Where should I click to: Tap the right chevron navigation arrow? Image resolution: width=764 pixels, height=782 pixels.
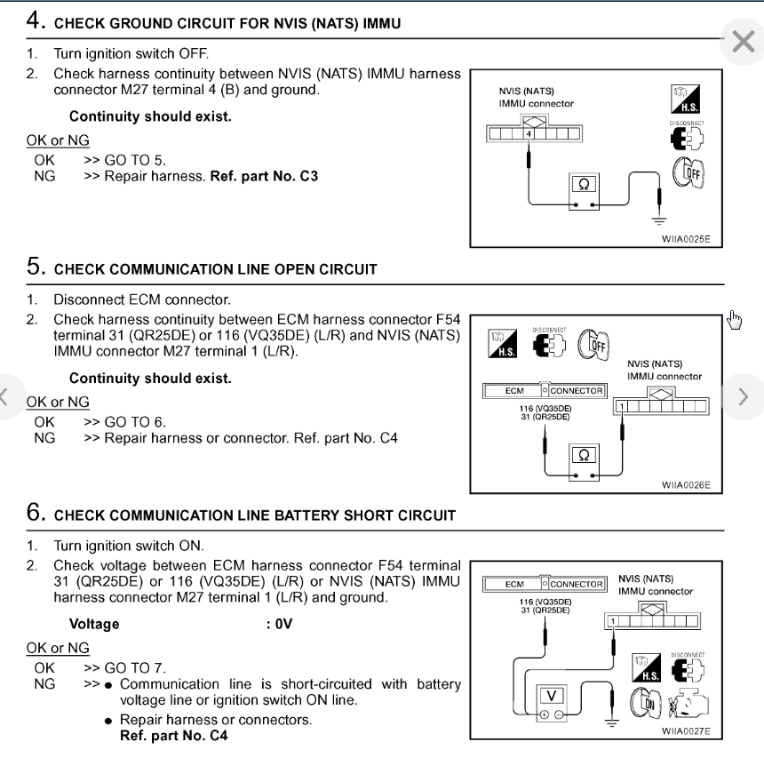pyautogui.click(x=744, y=395)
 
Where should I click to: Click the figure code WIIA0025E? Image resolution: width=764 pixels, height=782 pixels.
pyautogui.click(x=686, y=240)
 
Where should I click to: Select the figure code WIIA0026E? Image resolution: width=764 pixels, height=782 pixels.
pyautogui.click(x=686, y=486)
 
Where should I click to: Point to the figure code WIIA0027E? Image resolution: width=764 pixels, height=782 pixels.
pyautogui.click(x=686, y=732)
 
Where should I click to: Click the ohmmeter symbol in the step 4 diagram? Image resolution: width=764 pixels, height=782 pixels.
pyautogui.click(x=583, y=186)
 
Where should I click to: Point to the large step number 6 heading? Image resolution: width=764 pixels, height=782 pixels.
pyautogui.click(x=36, y=514)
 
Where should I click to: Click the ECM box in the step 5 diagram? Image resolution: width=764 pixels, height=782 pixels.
pyautogui.click(x=514, y=391)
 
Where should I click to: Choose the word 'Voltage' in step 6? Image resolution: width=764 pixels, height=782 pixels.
pyautogui.click(x=94, y=624)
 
